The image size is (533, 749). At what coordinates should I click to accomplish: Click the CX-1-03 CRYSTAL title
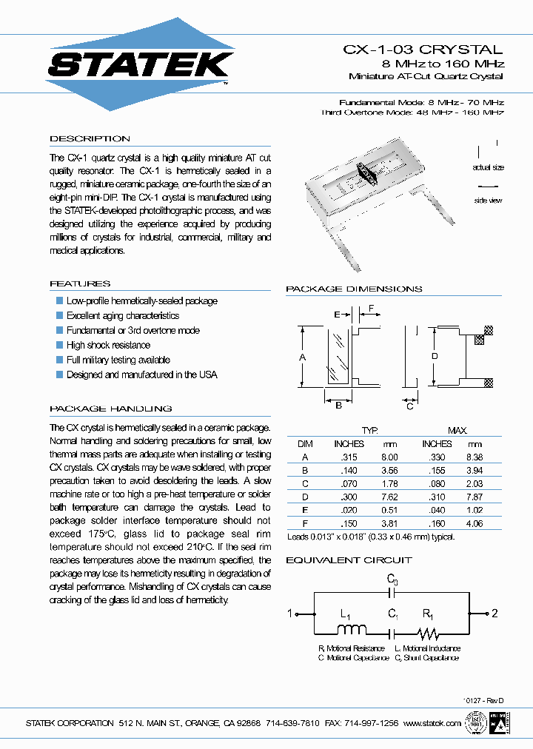(x=423, y=50)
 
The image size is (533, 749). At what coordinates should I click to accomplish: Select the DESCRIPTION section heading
(x=90, y=138)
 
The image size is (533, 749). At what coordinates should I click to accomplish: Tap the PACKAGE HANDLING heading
(x=110, y=409)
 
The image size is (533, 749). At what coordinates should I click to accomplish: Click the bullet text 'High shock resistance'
(x=108, y=345)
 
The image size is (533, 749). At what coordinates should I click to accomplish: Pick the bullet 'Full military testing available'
(x=118, y=360)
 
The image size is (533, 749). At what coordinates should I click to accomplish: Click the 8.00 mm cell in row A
(x=389, y=457)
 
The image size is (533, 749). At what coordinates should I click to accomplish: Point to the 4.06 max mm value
(x=474, y=523)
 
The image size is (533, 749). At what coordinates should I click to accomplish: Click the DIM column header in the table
(x=305, y=443)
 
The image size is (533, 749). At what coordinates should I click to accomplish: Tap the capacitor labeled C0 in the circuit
(x=393, y=591)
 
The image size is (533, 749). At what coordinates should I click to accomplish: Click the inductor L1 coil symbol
(x=352, y=632)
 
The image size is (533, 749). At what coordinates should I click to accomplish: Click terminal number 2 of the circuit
(x=495, y=613)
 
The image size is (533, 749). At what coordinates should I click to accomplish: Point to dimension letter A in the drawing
(x=302, y=357)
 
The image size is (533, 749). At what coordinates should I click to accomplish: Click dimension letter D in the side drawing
(x=435, y=357)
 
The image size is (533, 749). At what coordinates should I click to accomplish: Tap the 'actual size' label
(x=488, y=168)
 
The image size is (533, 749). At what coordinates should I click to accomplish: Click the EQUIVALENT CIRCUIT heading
(x=349, y=560)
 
